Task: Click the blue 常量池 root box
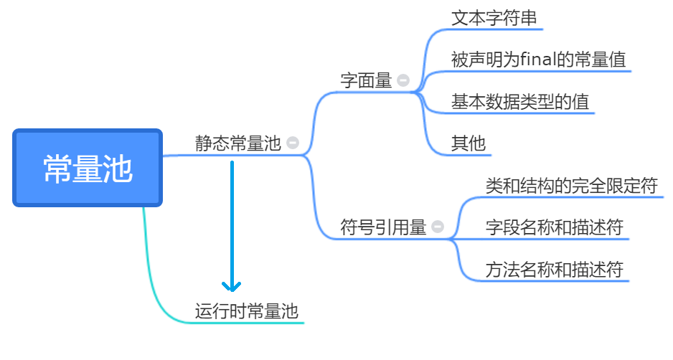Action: tap(88, 169)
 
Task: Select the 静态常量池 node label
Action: tap(237, 143)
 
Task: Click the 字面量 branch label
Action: tap(366, 81)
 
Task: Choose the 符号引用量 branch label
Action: tap(383, 227)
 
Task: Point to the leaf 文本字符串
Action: tap(494, 18)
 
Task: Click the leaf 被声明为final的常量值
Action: tap(538, 60)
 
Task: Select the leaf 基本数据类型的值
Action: tap(519, 102)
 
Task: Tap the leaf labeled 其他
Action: tap(468, 143)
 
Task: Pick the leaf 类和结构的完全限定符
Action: tap(571, 186)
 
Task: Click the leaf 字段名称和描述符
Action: tap(554, 227)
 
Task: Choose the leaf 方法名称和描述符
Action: tap(554, 270)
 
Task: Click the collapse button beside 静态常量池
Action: tap(292, 143)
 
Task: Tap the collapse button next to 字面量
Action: tap(403, 81)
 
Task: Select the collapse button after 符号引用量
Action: tap(438, 227)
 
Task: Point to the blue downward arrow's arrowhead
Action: tap(232, 286)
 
